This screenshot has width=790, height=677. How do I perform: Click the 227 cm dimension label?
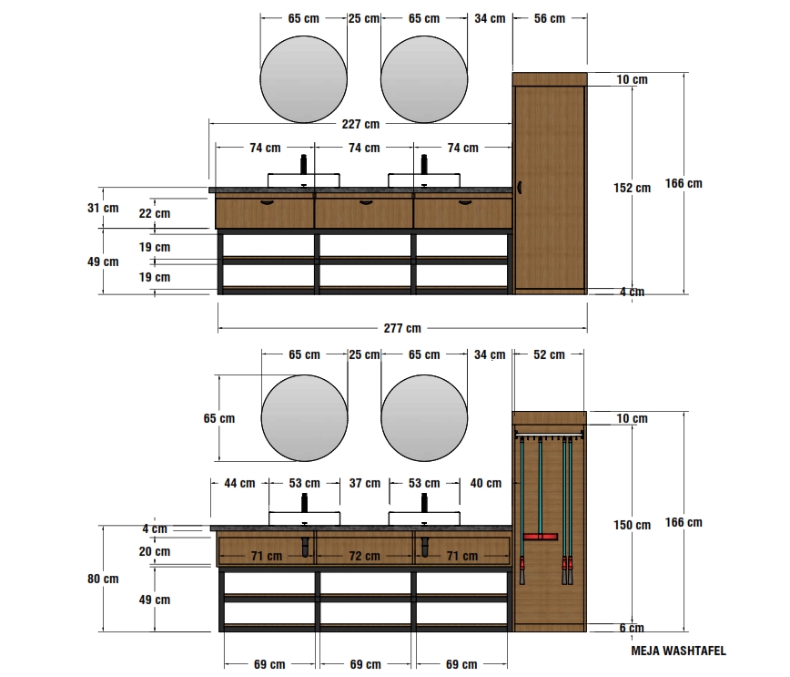pyautogui.click(x=360, y=124)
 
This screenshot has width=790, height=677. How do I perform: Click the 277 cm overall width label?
pyautogui.click(x=402, y=328)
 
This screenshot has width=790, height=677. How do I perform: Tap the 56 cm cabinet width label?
pyautogui.click(x=550, y=18)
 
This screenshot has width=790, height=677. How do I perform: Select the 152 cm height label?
pyautogui.click(x=632, y=189)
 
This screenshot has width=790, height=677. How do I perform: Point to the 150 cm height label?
pyautogui.click(x=632, y=525)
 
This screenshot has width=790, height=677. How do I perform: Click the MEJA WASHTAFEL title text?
pyautogui.click(x=679, y=651)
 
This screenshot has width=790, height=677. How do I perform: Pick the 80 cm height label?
pyautogui.click(x=103, y=579)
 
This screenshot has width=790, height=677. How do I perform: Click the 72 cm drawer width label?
pyautogui.click(x=364, y=556)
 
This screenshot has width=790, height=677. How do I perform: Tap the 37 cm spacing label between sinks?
pyautogui.click(x=365, y=483)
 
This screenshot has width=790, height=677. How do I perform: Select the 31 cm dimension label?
pyautogui.click(x=103, y=208)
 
